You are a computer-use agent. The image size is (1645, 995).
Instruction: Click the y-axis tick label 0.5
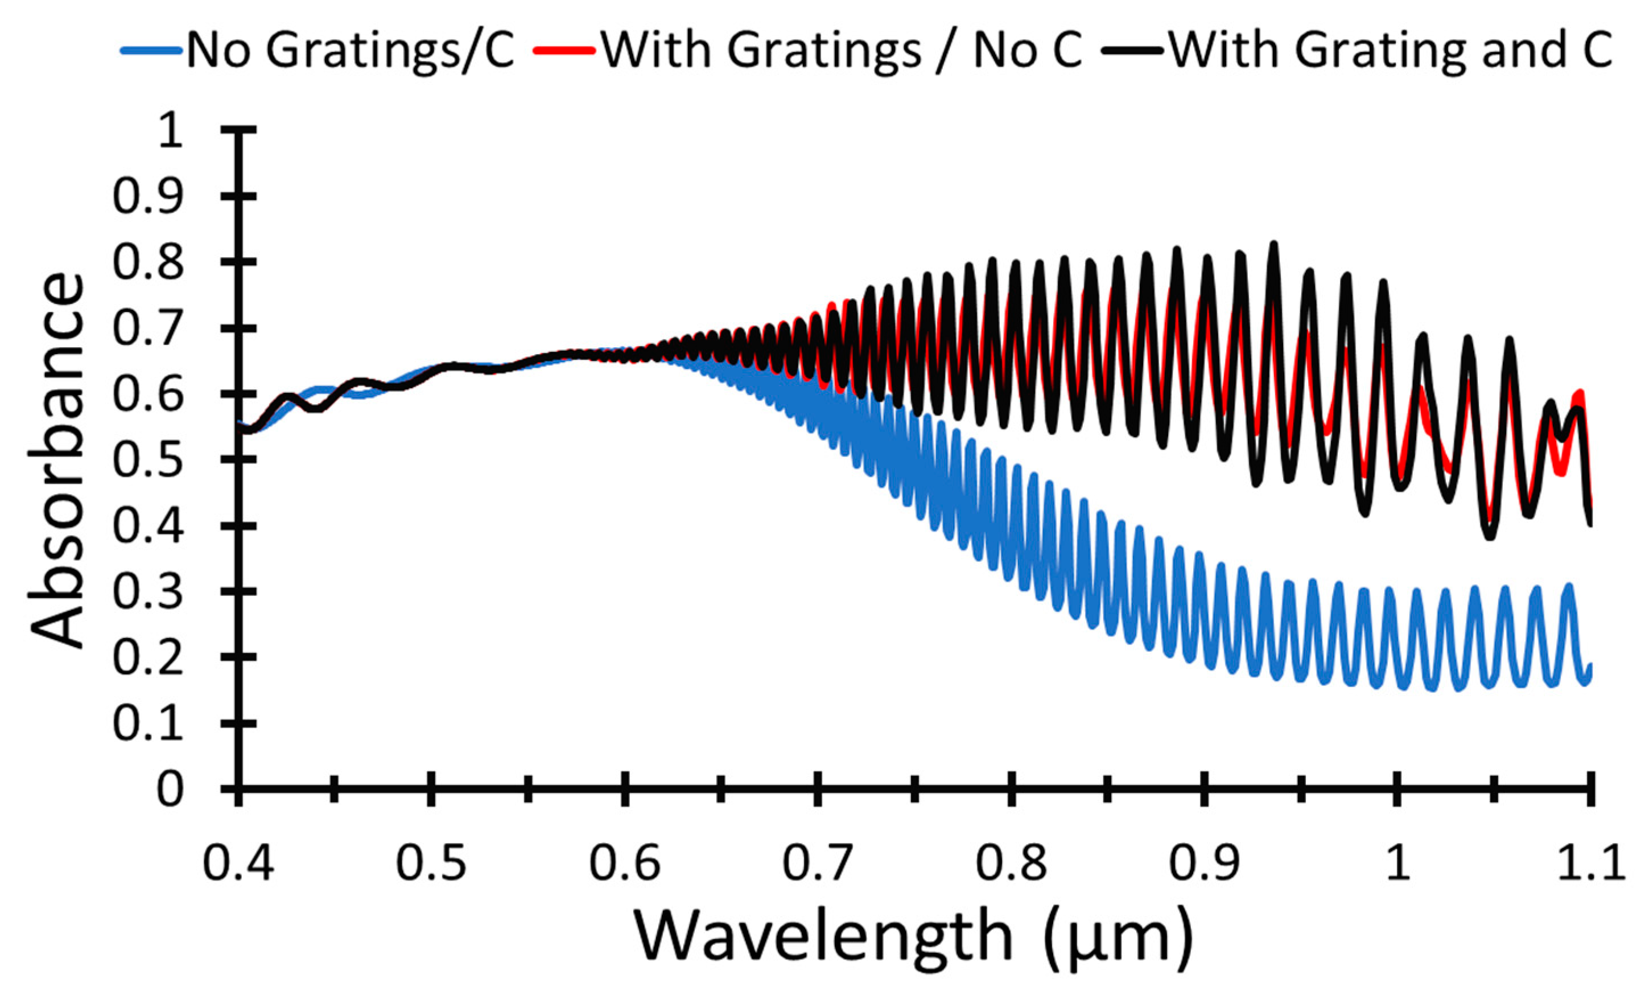pos(147,460)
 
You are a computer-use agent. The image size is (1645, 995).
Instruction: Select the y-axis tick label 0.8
pos(147,262)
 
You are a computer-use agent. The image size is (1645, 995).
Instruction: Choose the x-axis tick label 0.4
pos(238,864)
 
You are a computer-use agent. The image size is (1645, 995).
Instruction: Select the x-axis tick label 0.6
pos(625,864)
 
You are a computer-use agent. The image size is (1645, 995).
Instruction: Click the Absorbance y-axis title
pos(57,460)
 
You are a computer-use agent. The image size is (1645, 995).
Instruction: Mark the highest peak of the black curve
pos(1273,245)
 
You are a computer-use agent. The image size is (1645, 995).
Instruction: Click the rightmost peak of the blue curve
pos(1569,586)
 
